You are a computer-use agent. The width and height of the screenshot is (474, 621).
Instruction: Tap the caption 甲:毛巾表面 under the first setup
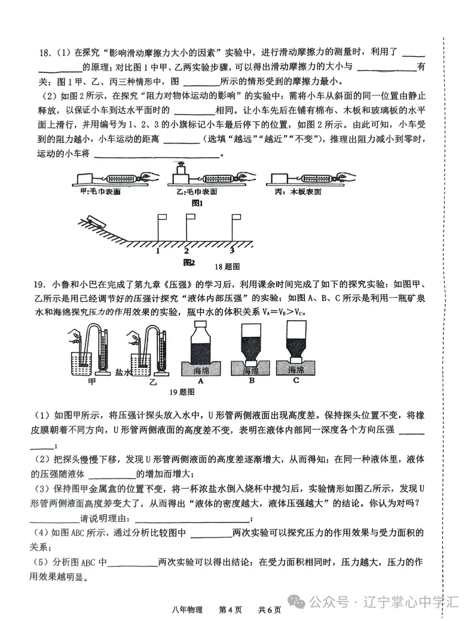coord(100,191)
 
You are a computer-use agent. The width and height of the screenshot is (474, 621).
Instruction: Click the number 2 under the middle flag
coord(186,251)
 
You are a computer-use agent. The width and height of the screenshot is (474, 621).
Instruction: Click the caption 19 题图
coord(178,392)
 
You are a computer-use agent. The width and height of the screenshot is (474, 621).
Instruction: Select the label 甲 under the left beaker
coord(91,381)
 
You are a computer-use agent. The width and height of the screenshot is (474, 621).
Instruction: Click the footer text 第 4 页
coord(231,610)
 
